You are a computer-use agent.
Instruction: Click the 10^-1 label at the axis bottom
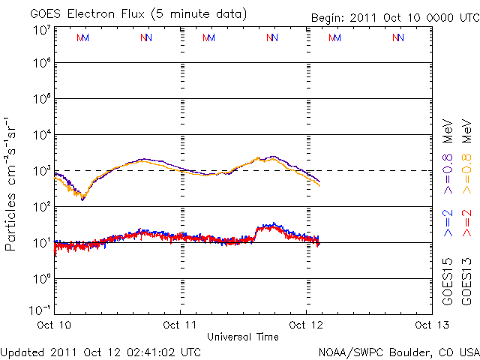pyautogui.click(x=40, y=309)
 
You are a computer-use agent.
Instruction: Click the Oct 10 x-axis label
pyautogui.click(x=55, y=325)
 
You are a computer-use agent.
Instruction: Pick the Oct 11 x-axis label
pyautogui.click(x=180, y=325)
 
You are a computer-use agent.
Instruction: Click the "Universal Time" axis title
pyautogui.click(x=243, y=337)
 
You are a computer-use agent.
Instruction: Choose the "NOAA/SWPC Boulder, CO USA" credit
pyautogui.click(x=398, y=352)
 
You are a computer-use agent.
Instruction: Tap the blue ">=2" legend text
pyautogui.click(x=448, y=226)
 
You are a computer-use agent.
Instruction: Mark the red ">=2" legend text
pyautogui.click(x=467, y=226)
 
